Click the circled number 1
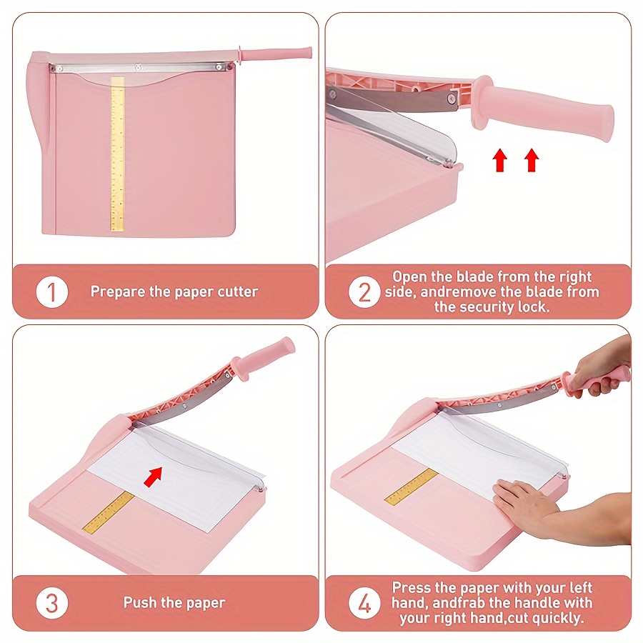click(x=52, y=291)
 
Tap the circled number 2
click(x=364, y=291)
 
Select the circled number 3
click(x=52, y=603)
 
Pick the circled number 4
click(x=364, y=603)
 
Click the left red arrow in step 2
click(x=500, y=161)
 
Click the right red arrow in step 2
click(x=531, y=161)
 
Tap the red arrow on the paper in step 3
click(x=153, y=476)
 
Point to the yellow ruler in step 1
click(x=117, y=154)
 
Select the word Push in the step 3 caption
click(x=140, y=603)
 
